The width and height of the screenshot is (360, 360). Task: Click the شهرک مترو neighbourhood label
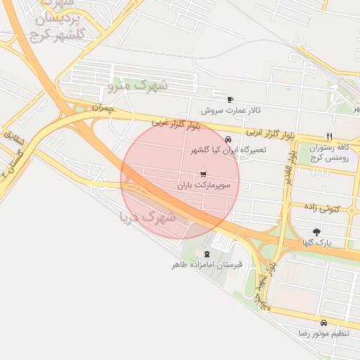[x=139, y=86]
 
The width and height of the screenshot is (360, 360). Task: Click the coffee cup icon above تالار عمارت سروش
[x=230, y=100]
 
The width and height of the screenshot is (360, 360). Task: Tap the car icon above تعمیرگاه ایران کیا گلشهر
[x=228, y=139]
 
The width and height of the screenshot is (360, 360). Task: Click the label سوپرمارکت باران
[x=203, y=185]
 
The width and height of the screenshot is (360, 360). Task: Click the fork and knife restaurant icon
[x=328, y=136]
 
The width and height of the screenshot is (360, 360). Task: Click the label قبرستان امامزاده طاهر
[x=207, y=265]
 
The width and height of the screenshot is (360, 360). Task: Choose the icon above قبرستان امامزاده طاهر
[x=207, y=254]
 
